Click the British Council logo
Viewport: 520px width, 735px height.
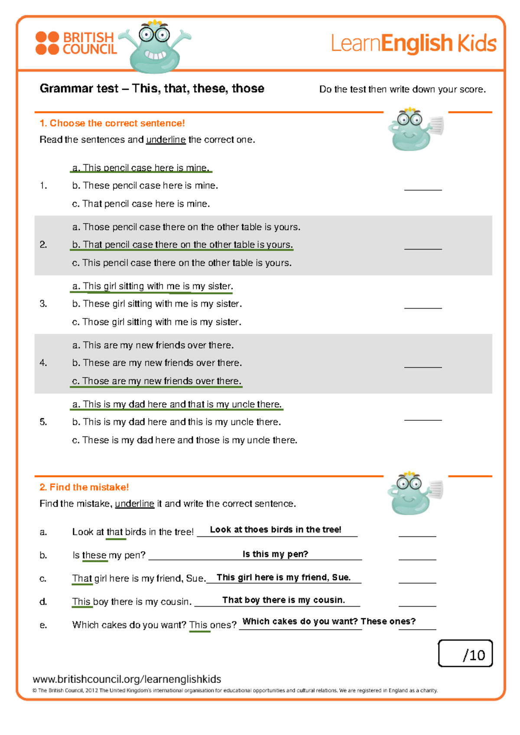coord(76,43)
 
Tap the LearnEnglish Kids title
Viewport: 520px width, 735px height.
coord(414,43)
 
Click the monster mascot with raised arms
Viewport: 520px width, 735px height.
coord(155,47)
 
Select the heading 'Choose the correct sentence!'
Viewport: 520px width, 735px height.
coord(112,124)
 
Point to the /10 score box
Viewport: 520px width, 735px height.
coord(465,654)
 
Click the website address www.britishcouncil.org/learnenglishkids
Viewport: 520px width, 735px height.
coord(127,679)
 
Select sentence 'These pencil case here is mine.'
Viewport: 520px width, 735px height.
coord(145,185)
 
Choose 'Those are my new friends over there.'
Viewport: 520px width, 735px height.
coord(156,381)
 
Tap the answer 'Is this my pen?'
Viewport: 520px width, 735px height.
coord(275,554)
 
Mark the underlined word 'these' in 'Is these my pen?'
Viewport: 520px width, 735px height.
coord(94,555)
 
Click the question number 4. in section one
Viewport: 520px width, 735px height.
coord(43,363)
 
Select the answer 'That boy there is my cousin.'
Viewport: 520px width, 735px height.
coord(283,600)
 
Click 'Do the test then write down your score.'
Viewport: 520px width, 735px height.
coord(402,89)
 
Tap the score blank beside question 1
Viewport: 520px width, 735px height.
coord(423,187)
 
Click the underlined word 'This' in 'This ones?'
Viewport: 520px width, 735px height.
coord(198,625)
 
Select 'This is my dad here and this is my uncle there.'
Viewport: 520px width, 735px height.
coord(176,422)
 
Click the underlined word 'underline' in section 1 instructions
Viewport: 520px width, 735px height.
coord(166,140)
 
